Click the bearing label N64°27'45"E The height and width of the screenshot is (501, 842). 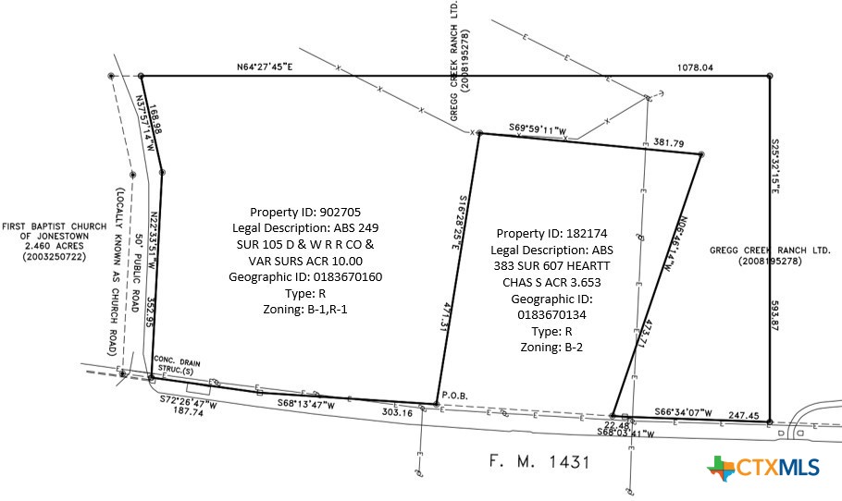(x=264, y=67)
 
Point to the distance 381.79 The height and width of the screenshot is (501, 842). (x=668, y=143)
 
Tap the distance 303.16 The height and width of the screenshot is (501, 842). (x=396, y=413)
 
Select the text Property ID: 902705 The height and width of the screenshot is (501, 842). (x=303, y=211)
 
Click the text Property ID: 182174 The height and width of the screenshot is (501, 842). (x=555, y=233)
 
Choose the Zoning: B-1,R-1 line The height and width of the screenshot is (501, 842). (x=303, y=310)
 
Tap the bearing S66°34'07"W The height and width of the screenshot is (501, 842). (x=682, y=412)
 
